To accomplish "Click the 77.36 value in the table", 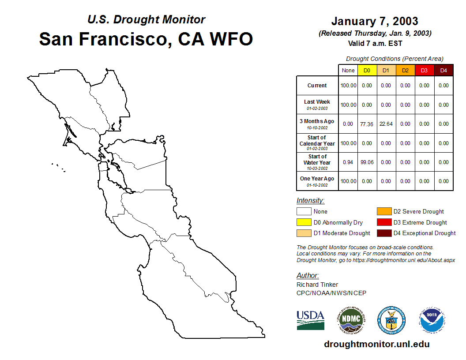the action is click(367, 124).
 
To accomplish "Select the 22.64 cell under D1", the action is click(386, 124).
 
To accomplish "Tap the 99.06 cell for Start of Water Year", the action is click(367, 162).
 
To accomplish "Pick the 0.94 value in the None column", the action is click(348, 162).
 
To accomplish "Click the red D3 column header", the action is click(425, 71).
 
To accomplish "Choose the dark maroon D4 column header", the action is click(443, 71).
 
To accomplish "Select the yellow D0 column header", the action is click(367, 71).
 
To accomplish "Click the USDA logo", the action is click(311, 320).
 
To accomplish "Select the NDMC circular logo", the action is click(351, 320).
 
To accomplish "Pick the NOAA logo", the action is click(432, 320).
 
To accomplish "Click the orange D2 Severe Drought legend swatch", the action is click(384, 211).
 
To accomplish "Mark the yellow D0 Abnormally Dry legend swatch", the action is click(304, 222).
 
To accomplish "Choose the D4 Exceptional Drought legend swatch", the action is click(384, 233).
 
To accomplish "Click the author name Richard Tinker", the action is click(317, 285).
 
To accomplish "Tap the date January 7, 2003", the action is click(375, 21).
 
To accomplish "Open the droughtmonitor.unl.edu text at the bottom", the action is click(377, 344).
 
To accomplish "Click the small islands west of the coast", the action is click(58, 168).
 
